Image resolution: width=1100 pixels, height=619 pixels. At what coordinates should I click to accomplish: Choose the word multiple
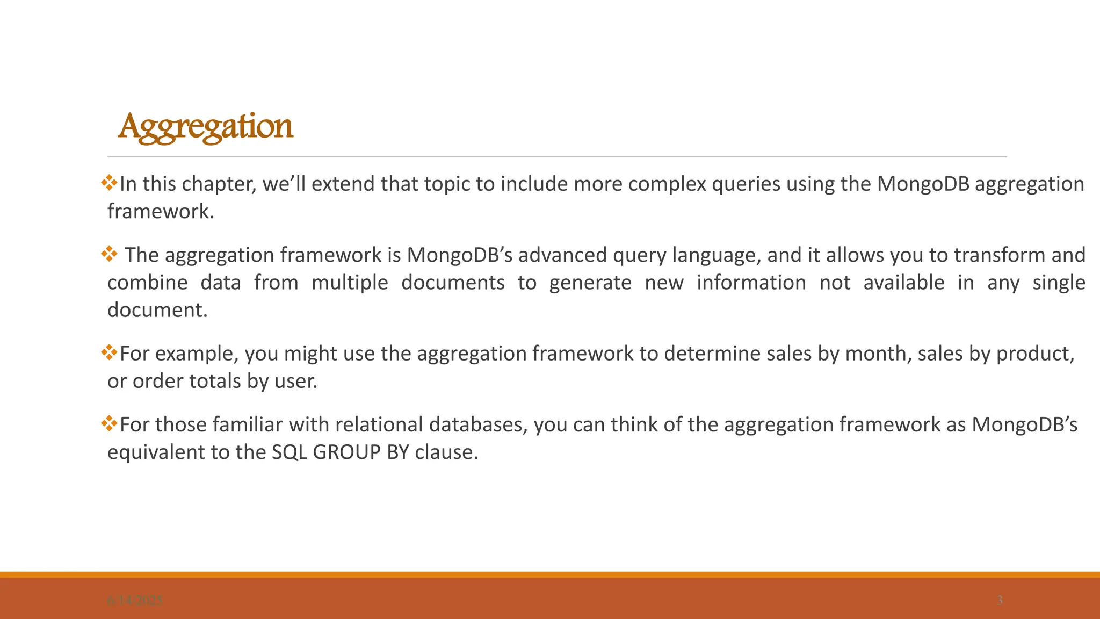pos(350,283)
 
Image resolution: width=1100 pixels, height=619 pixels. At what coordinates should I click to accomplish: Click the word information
pos(751,283)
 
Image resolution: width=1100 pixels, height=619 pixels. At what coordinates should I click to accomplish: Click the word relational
pos(379,424)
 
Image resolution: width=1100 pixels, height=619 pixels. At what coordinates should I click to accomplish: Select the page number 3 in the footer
pos(1000,600)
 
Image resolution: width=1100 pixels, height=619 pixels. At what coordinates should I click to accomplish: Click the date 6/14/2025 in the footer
pos(135,601)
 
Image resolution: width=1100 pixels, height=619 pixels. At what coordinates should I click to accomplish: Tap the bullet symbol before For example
pos(109,352)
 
